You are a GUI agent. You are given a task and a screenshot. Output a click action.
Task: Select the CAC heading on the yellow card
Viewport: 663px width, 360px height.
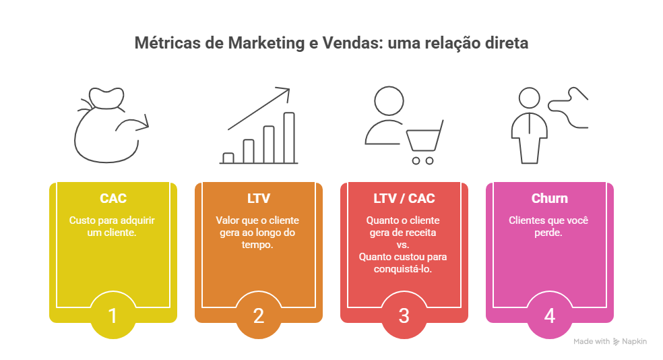click(113, 198)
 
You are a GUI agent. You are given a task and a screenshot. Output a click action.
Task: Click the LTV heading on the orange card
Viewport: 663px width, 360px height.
click(258, 198)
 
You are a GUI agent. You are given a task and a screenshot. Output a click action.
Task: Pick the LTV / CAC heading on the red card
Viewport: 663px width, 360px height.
click(404, 198)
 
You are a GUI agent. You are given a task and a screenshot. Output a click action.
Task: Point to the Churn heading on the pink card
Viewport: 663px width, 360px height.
click(549, 198)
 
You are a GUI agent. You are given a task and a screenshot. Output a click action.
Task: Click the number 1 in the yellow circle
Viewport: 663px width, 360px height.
click(113, 316)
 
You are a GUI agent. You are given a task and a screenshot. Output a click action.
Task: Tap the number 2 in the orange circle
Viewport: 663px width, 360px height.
click(258, 316)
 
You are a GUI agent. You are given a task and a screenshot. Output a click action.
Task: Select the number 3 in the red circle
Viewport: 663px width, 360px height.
click(404, 316)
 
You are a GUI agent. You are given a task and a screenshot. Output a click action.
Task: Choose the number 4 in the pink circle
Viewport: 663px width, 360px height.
click(549, 316)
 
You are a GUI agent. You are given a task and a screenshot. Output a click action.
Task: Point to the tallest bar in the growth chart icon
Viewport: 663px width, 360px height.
click(289, 138)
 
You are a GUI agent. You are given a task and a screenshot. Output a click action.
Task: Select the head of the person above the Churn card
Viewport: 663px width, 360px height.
click(530, 98)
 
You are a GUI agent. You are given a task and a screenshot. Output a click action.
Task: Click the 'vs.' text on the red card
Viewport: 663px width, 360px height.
click(403, 245)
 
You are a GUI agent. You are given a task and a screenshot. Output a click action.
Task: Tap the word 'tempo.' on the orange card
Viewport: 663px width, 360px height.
click(257, 245)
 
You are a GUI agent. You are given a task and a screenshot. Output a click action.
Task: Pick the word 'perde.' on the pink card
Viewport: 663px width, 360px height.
click(548, 232)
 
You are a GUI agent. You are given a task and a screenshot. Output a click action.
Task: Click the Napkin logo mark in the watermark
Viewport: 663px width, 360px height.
click(616, 342)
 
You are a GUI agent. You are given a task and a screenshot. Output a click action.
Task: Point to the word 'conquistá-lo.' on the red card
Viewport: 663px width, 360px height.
click(403, 268)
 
